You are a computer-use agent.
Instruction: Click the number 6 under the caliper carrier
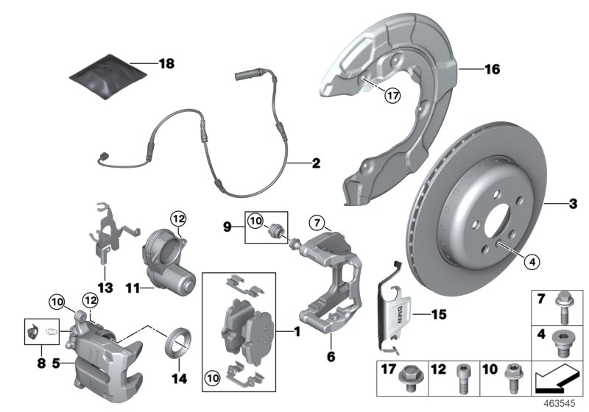(x=331, y=356)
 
